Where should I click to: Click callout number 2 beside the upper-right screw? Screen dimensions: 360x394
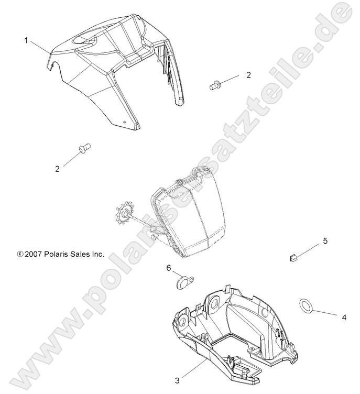(248, 75)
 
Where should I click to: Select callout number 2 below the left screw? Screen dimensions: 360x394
(57, 169)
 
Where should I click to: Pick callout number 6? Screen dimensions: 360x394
(169, 268)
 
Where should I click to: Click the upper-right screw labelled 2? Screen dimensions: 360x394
(214, 84)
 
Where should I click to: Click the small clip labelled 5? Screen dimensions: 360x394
(294, 257)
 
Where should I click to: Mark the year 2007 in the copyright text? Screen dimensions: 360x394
(32, 254)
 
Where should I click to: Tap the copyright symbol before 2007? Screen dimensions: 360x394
(20, 254)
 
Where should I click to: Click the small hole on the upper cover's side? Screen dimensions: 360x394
(124, 122)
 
